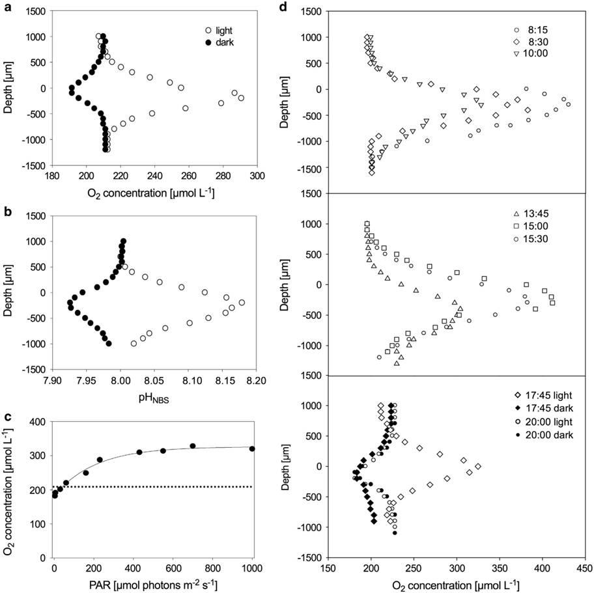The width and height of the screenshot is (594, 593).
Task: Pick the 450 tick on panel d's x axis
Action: (x=584, y=568)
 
